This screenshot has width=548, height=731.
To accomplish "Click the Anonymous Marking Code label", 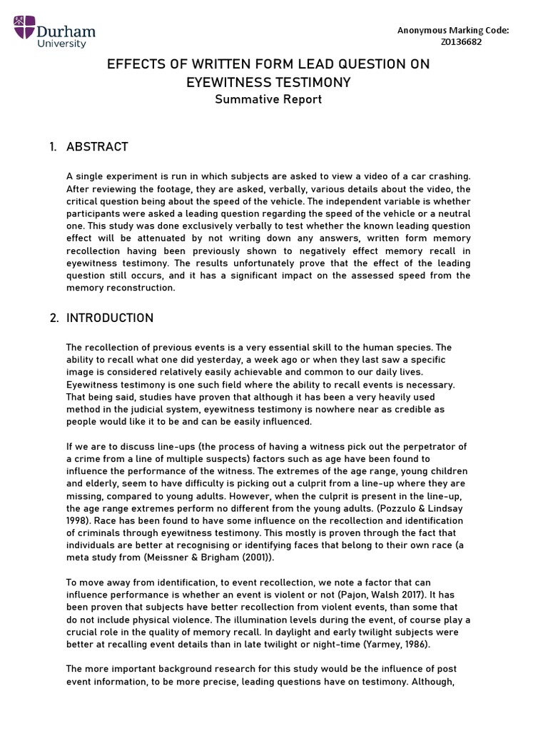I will pos(453,30).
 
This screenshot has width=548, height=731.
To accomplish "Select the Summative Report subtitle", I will pos(268,99).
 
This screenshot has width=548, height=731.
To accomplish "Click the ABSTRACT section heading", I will pos(97,147).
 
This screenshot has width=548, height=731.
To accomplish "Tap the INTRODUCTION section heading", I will pos(110,318).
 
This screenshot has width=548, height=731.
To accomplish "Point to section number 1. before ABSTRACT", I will pos(54,147).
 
